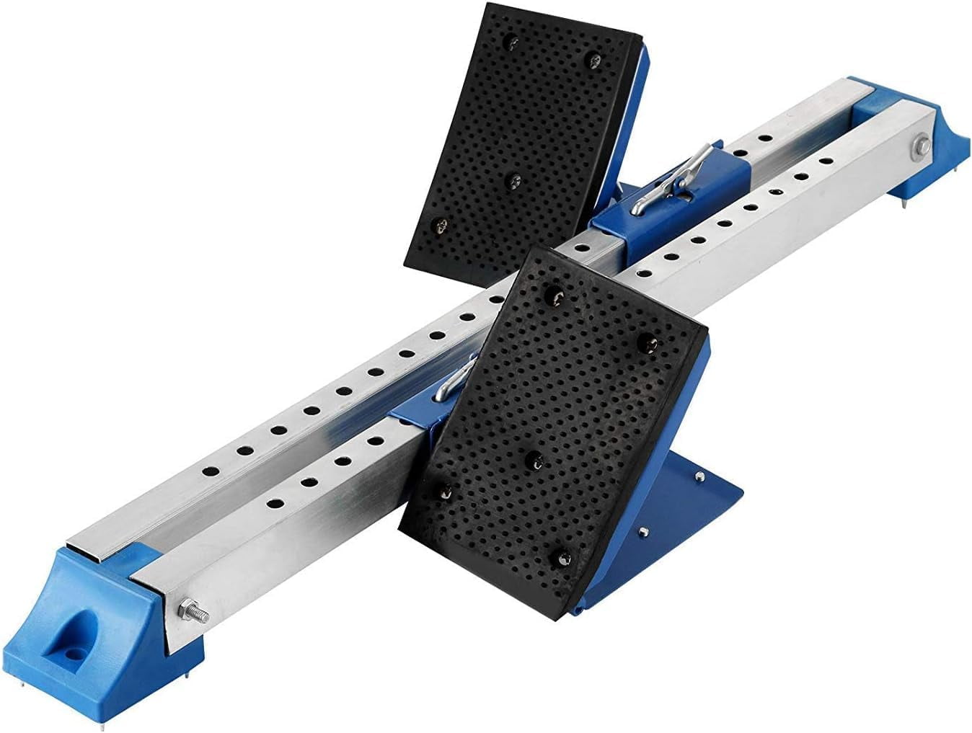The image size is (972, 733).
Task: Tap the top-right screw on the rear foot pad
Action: (594, 58)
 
